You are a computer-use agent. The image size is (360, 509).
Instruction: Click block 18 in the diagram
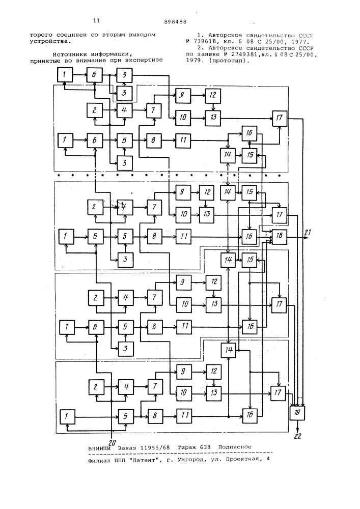click(x=279, y=237)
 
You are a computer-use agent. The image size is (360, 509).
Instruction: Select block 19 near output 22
click(x=297, y=413)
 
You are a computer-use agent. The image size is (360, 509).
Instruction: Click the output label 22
click(x=298, y=436)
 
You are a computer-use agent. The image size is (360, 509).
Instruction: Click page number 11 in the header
click(x=96, y=21)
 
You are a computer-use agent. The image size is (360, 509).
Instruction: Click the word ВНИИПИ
click(x=99, y=448)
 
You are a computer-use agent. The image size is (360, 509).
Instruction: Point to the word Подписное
click(x=235, y=447)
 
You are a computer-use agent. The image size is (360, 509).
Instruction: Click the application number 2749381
click(x=234, y=54)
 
